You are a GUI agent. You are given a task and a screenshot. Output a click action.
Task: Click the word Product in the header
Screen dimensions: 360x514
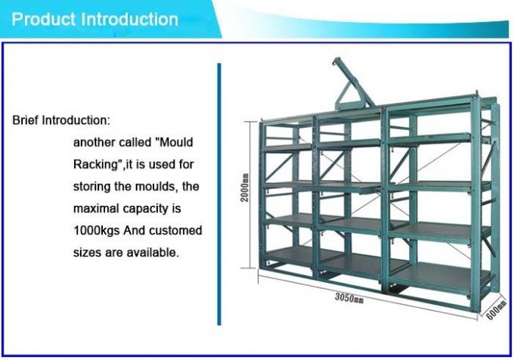coord(45,18)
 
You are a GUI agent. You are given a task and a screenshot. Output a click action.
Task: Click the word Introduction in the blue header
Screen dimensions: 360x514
coord(130,18)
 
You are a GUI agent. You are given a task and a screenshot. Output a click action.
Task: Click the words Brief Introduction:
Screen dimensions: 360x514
coord(61,120)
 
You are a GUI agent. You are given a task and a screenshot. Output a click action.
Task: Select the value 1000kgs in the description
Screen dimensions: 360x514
coord(98,230)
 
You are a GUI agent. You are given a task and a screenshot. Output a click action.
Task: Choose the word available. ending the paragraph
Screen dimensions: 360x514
coord(154,252)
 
